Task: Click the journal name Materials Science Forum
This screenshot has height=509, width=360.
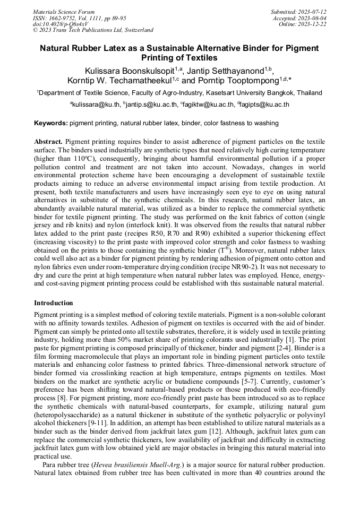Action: tap(64, 12)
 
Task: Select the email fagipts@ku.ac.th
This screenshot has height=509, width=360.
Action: tap(264, 105)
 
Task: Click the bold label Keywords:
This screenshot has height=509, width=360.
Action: tap(51, 124)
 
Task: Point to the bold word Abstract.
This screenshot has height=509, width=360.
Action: tap(48, 142)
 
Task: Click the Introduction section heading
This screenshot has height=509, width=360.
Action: tap(54, 303)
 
